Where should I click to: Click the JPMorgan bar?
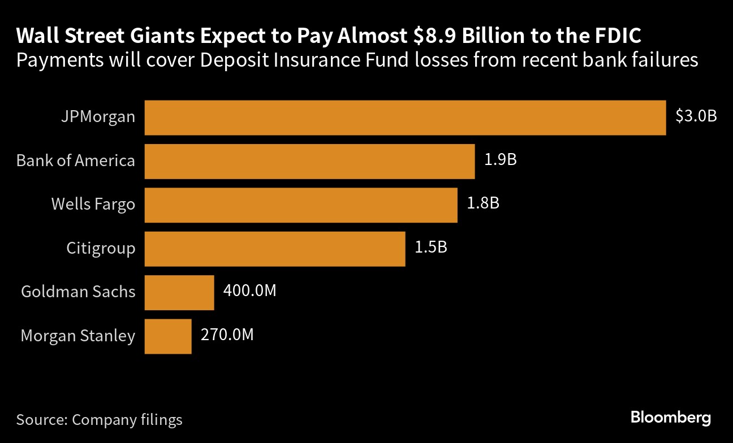click(x=405, y=118)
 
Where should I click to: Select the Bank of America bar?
click(x=309, y=162)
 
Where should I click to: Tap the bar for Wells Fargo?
click(x=301, y=205)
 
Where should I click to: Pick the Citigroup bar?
click(x=275, y=249)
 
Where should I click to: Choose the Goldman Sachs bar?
click(x=179, y=293)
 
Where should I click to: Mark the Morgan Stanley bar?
click(x=168, y=336)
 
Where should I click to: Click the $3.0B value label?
click(x=696, y=116)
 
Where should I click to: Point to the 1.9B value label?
click(x=501, y=159)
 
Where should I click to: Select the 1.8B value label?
click(x=483, y=203)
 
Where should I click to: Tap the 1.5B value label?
click(x=431, y=247)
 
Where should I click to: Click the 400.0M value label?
click(x=249, y=290)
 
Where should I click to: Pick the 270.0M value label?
click(x=227, y=335)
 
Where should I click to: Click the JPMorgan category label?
click(x=98, y=117)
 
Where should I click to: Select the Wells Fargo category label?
click(x=93, y=205)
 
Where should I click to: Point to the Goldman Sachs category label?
click(x=78, y=292)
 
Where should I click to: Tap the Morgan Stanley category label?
click(x=78, y=336)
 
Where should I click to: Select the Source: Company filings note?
click(x=99, y=420)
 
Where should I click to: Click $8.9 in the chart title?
click(x=434, y=36)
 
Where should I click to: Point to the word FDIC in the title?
click(x=618, y=36)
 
